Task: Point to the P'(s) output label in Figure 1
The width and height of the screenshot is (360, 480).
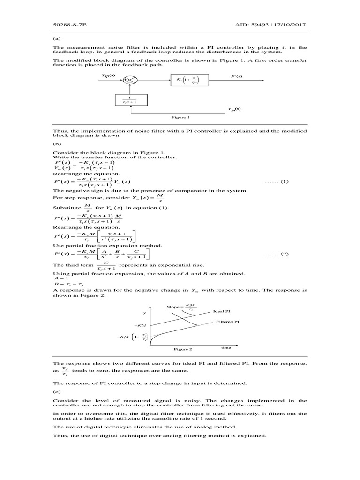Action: [x=237, y=75]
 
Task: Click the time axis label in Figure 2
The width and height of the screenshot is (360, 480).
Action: [x=226, y=348]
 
